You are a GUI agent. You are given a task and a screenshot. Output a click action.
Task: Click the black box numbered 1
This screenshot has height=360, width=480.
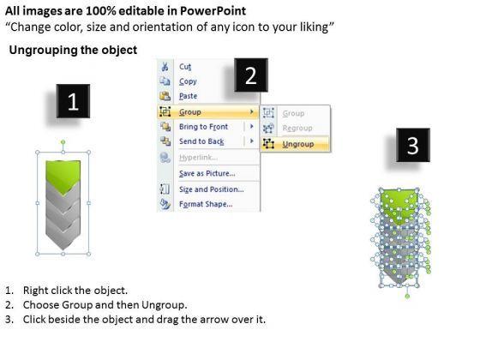(73, 101)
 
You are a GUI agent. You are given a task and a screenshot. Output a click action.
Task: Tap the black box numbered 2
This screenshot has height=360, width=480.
(251, 75)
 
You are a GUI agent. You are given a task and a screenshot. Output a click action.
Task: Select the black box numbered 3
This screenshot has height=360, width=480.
(413, 145)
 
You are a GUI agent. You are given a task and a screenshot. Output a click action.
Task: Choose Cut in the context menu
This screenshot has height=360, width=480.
(185, 67)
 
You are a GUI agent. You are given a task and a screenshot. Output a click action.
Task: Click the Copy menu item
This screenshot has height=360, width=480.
(188, 81)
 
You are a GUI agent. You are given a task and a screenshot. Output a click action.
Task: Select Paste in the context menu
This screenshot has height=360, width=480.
(188, 96)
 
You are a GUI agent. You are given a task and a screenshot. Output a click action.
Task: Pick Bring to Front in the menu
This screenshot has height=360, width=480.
(204, 127)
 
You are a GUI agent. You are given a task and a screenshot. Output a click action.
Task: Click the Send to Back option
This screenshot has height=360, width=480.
(201, 141)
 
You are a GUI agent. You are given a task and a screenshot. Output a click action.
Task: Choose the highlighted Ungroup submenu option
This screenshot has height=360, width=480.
(298, 144)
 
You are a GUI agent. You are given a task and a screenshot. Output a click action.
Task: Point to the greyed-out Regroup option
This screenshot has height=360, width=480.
(297, 128)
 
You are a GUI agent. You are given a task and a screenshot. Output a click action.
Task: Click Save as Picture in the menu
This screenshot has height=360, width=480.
(207, 173)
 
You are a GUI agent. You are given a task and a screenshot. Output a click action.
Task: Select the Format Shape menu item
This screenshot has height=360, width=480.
(206, 204)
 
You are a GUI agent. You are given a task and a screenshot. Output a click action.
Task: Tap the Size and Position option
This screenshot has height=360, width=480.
(211, 189)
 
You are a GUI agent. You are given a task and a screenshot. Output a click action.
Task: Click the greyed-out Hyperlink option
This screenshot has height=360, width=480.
(198, 158)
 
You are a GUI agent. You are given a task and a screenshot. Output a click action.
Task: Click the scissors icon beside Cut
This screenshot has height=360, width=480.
(165, 67)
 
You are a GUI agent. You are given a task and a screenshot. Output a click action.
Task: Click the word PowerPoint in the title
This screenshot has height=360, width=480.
(213, 11)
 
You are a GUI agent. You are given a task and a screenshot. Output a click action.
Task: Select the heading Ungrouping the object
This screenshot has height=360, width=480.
(73, 50)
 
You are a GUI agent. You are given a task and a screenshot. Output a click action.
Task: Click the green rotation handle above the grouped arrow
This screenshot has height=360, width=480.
(63, 142)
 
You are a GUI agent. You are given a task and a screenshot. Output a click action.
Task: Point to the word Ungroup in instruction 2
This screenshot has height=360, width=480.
(163, 305)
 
